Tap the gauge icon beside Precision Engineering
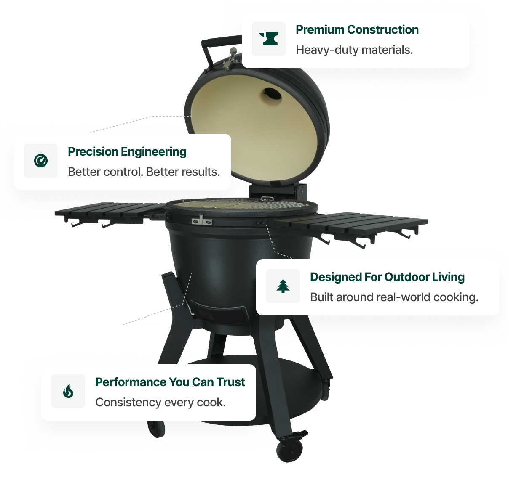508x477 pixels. coord(41,161)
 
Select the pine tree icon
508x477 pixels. coord(283,286)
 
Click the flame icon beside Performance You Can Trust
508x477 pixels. coord(68,391)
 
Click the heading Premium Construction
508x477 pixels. coord(357,29)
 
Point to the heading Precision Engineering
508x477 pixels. coord(127,152)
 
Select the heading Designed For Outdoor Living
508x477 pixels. coord(387,277)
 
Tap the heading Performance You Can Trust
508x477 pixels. coord(170,382)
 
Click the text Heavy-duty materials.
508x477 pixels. coord(354,50)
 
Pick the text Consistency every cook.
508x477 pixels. coord(160,403)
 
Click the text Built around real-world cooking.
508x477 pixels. coord(394,297)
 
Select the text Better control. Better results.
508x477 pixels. coord(144,172)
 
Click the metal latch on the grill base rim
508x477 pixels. coord(202,221)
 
